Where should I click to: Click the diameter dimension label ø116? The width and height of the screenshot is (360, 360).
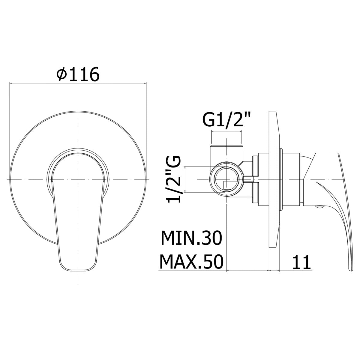pos(78,74)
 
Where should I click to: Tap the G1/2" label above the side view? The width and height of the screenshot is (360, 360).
pos(226,120)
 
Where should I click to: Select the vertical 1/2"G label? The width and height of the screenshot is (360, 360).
pos(174,179)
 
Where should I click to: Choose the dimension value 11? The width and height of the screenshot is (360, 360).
pos(301,262)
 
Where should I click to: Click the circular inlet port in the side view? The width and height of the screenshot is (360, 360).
pos(226,179)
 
